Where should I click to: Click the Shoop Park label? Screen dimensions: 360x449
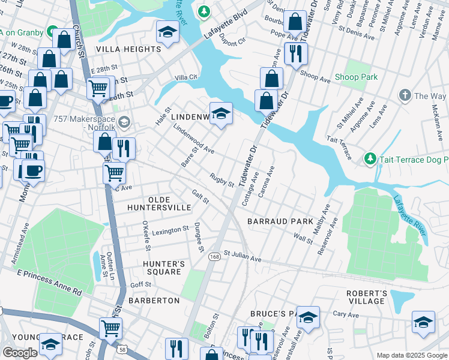click(x=356, y=77)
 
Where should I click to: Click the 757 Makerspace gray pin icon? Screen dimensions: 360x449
click(x=124, y=122)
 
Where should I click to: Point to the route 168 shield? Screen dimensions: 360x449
click(x=214, y=256)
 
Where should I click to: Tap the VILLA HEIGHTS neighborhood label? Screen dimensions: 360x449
click(x=128, y=49)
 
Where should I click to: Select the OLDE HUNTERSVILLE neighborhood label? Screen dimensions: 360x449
click(x=159, y=203)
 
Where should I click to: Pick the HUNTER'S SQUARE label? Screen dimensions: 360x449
click(x=161, y=268)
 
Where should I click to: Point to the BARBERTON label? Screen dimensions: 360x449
click(x=154, y=300)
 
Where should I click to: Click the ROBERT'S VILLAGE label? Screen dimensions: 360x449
click(x=366, y=297)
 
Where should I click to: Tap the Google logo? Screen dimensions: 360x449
click(x=20, y=353)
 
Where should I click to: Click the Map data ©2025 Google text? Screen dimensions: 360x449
click(x=412, y=355)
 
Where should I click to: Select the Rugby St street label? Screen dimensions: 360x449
click(x=221, y=180)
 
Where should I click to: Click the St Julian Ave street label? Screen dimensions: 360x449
click(x=243, y=257)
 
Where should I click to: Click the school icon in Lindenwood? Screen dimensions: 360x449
click(x=221, y=113)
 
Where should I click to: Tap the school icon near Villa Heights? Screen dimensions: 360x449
click(x=167, y=31)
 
